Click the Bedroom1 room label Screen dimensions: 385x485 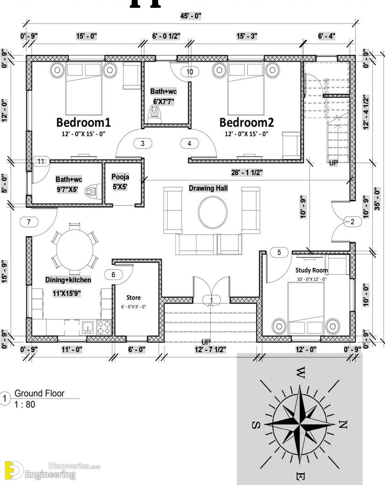84,122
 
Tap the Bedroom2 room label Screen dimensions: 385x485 247,122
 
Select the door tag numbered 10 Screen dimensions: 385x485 190,72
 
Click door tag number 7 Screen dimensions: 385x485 29,222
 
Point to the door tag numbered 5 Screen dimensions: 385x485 279,253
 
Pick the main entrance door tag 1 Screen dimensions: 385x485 211,300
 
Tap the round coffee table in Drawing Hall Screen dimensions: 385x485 213,212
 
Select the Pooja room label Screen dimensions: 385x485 120,177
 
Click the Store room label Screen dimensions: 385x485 134,298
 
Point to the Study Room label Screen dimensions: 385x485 311,270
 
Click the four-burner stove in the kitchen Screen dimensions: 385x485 104,327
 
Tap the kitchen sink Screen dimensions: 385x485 88,327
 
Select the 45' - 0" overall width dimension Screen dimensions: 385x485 191,16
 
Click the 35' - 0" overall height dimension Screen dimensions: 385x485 377,199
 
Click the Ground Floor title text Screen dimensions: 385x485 40,394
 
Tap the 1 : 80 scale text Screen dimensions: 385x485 24,404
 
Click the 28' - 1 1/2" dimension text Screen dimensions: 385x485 247,173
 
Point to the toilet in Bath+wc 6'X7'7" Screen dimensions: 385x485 154,114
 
